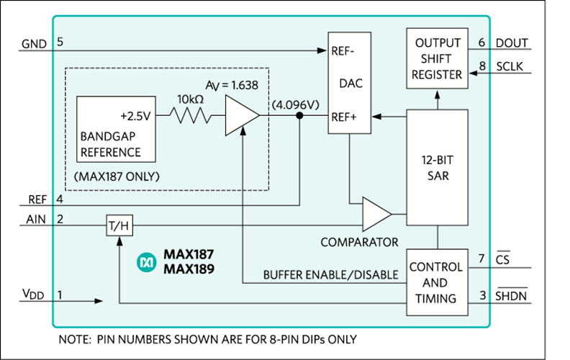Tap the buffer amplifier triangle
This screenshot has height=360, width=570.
tap(240, 114)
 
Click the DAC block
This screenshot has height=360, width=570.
tap(350, 83)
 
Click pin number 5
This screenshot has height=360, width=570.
tap(60, 42)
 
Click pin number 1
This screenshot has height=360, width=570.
tap(60, 294)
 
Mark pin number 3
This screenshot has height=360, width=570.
tap(482, 295)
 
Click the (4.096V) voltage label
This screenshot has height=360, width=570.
tap(295, 104)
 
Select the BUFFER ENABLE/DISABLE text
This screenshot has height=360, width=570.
tap(330, 274)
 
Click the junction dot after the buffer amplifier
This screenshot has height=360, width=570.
tap(299, 114)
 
